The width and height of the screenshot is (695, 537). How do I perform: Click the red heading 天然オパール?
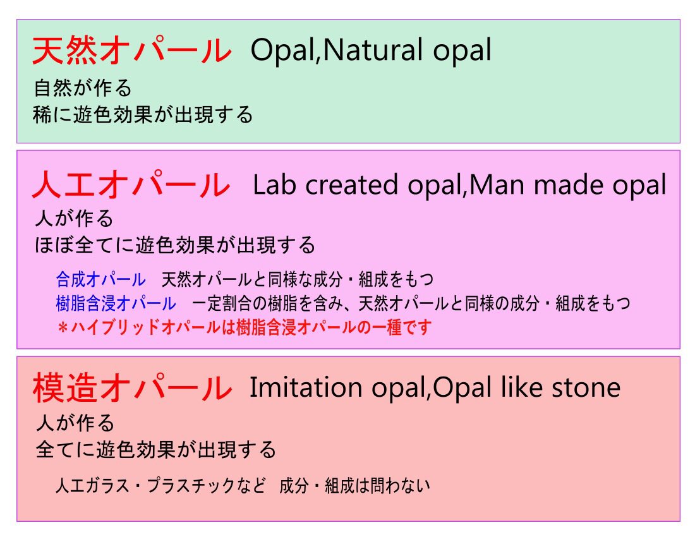coord(131,51)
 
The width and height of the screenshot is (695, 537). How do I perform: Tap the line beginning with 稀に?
coord(143,114)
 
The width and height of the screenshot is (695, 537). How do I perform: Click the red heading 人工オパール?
coord(131,185)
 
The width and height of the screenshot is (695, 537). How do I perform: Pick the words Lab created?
coord(324,185)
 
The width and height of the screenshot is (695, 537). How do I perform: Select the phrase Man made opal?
coord(568,185)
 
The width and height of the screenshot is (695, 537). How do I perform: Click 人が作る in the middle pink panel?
coord(74,219)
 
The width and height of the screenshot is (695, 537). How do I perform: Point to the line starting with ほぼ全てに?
coord(175,244)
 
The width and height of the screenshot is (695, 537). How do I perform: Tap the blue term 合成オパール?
coord(100,279)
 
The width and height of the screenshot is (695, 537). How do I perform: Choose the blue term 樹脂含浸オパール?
coord(116,304)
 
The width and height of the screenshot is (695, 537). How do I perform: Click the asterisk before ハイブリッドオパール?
coord(62,328)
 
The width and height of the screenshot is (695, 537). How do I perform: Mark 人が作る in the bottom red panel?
coord(74,422)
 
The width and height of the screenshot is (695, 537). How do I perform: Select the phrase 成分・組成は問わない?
coord(354,486)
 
